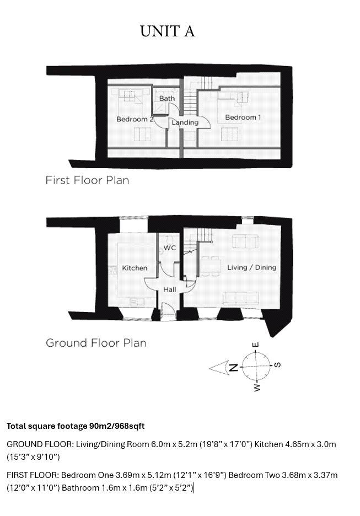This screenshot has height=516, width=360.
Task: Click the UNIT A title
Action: tap(168, 31)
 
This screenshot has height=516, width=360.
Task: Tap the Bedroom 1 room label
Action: tap(243, 117)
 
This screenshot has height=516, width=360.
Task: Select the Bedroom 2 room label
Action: tap(135, 119)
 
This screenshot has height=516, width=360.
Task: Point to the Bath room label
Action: tap(167, 98)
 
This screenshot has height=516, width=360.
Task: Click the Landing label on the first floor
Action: tap(185, 122)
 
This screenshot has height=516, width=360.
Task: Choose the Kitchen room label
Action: tap(135, 268)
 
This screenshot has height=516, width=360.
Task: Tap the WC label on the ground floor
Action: tap(170, 248)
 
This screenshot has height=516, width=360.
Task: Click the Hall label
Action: tap(170, 289)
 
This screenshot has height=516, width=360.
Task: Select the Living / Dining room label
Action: tap(252, 267)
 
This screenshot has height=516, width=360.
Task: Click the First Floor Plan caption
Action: tap(87, 180)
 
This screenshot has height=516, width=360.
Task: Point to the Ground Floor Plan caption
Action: tap(96, 343)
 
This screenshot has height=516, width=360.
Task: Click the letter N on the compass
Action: tap(234, 367)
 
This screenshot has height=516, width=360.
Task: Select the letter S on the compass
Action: tap(277, 364)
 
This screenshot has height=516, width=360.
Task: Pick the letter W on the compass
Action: tap(257, 388)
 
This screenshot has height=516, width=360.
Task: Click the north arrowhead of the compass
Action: tap(218, 368)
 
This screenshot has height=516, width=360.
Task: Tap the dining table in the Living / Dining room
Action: tap(211, 266)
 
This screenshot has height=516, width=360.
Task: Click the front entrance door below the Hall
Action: tap(168, 312)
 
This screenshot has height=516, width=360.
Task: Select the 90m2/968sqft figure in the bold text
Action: tap(117, 426)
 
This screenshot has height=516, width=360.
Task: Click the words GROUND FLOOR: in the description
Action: tap(40, 444)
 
